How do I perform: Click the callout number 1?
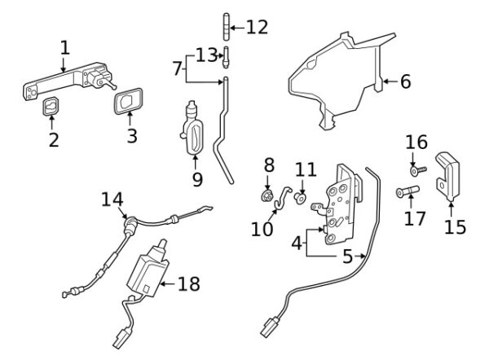64,48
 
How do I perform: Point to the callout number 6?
405,81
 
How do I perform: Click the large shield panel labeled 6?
342,81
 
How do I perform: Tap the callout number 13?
205,55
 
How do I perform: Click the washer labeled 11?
301,197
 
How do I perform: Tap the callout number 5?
347,258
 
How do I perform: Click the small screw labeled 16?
419,171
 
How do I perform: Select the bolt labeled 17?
407,192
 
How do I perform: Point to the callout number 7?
178,68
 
